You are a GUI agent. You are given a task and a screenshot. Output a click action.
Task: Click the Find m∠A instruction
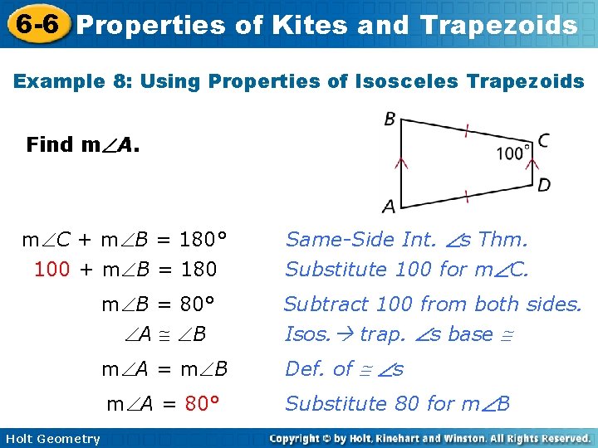[x=83, y=145]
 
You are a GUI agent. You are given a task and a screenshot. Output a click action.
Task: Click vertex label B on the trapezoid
[x=390, y=119]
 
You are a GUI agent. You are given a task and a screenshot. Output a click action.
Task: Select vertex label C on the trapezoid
[x=543, y=140]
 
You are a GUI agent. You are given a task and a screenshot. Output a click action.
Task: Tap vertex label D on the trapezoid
[x=543, y=184]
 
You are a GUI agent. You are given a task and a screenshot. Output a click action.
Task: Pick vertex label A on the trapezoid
[x=389, y=205]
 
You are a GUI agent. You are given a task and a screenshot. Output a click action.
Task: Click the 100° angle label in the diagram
[x=514, y=153]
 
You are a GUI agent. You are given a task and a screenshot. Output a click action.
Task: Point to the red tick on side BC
[x=468, y=130]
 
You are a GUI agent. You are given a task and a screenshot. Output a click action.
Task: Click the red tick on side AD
[x=468, y=196]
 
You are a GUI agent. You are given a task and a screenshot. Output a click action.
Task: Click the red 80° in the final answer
[x=202, y=404]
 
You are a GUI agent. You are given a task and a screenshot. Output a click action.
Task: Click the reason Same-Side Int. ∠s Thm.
[x=406, y=241]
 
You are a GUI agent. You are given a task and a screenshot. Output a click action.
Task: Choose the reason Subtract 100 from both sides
[x=433, y=304]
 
